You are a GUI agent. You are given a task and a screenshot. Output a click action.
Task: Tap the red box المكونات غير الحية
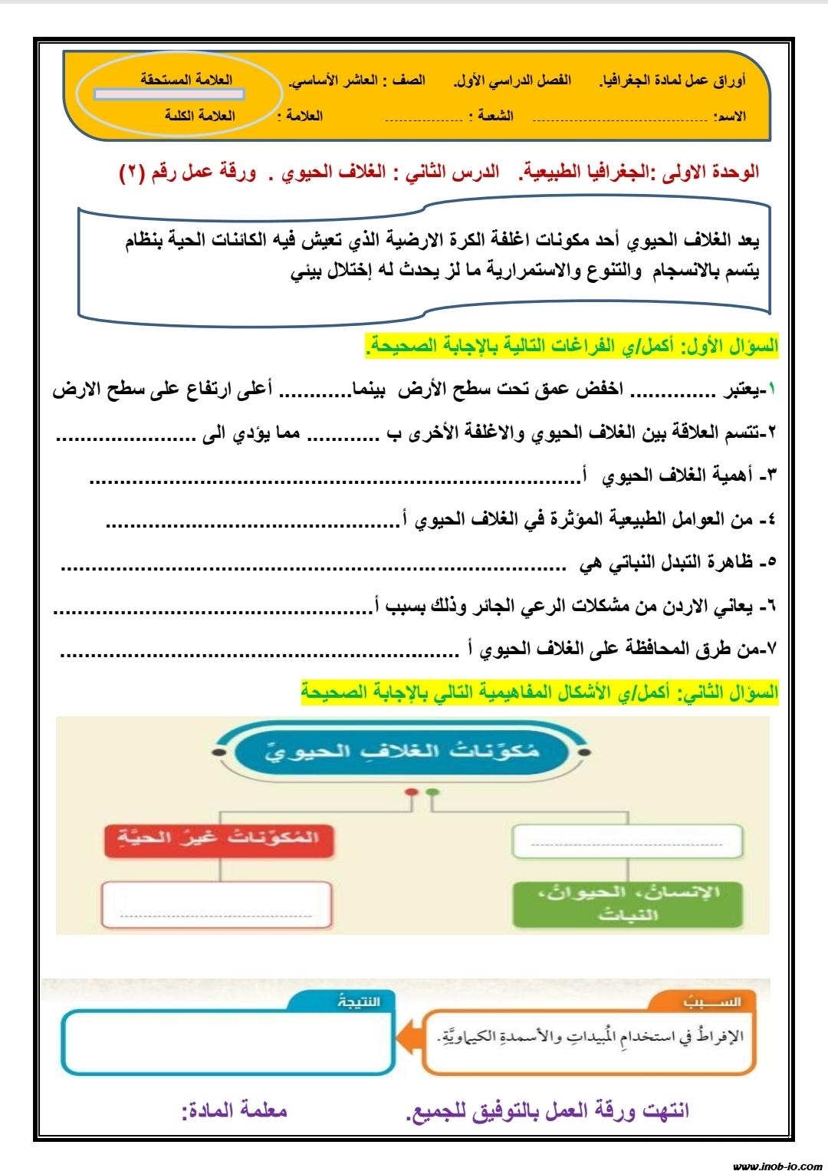(x=219, y=837)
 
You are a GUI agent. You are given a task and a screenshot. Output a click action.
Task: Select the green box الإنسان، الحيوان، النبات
(x=628, y=903)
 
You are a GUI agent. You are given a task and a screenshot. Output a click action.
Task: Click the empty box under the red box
(x=217, y=905)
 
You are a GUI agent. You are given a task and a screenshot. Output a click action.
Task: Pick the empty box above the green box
(x=628, y=840)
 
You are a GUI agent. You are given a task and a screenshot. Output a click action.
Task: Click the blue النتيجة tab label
(x=358, y=1002)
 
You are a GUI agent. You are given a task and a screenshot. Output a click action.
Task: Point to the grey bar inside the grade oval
(x=169, y=95)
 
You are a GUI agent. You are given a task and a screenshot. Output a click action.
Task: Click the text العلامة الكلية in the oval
(x=200, y=116)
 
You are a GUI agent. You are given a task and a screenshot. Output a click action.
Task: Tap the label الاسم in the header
(x=729, y=117)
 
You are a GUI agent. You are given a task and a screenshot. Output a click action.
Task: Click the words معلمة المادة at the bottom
(x=235, y=1110)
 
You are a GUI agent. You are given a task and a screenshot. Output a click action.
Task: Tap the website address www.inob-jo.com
(x=776, y=1165)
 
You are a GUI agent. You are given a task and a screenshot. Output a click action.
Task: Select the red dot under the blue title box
(x=412, y=792)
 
